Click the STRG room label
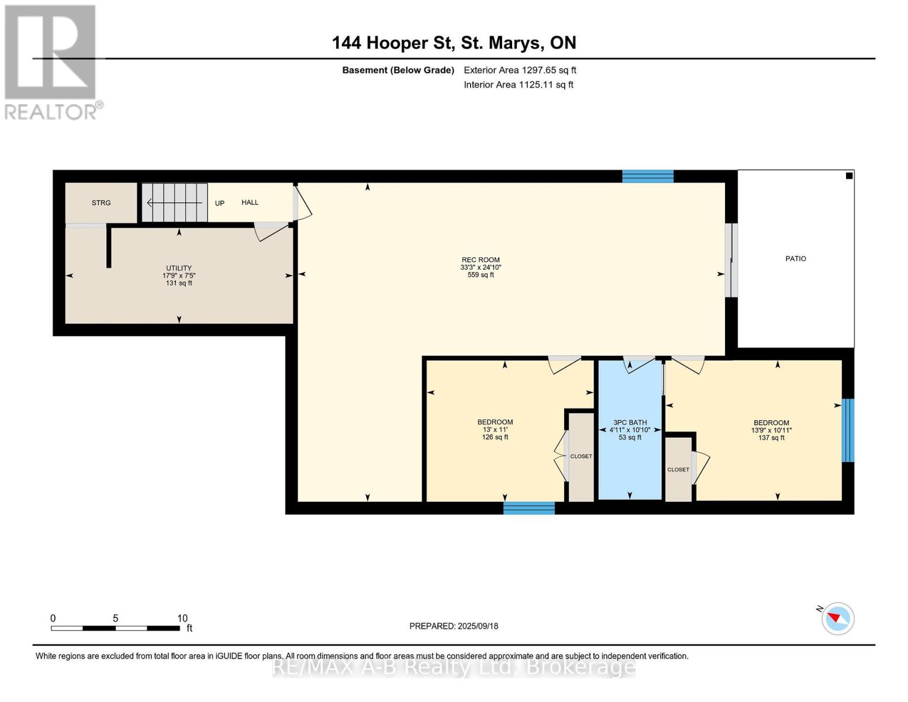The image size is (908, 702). coord(101,203)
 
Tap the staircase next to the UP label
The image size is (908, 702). coord(175,202)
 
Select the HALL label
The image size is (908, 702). coord(250,202)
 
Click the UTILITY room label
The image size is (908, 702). coord(179,268)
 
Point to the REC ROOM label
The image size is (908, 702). coord(481,260)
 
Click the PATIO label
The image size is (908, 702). coord(796,259)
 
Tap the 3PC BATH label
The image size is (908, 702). coord(630,423)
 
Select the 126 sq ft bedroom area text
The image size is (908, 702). coord(495,437)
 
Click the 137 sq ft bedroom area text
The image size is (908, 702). coord(771,438)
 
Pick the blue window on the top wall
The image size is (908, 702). coord(648,176)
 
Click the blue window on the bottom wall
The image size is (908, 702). coord(529,508)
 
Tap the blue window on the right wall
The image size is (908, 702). coord(848,430)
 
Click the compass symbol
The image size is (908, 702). coord(837,619)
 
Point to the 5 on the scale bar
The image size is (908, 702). coord(115,618)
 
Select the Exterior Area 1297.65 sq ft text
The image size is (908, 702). coord(520,70)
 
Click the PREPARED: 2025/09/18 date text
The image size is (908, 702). coord(454,626)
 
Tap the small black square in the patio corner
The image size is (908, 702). coord(849,176)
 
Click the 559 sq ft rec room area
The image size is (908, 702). coord(481,275)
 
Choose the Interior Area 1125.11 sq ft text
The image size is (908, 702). coord(519,85)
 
